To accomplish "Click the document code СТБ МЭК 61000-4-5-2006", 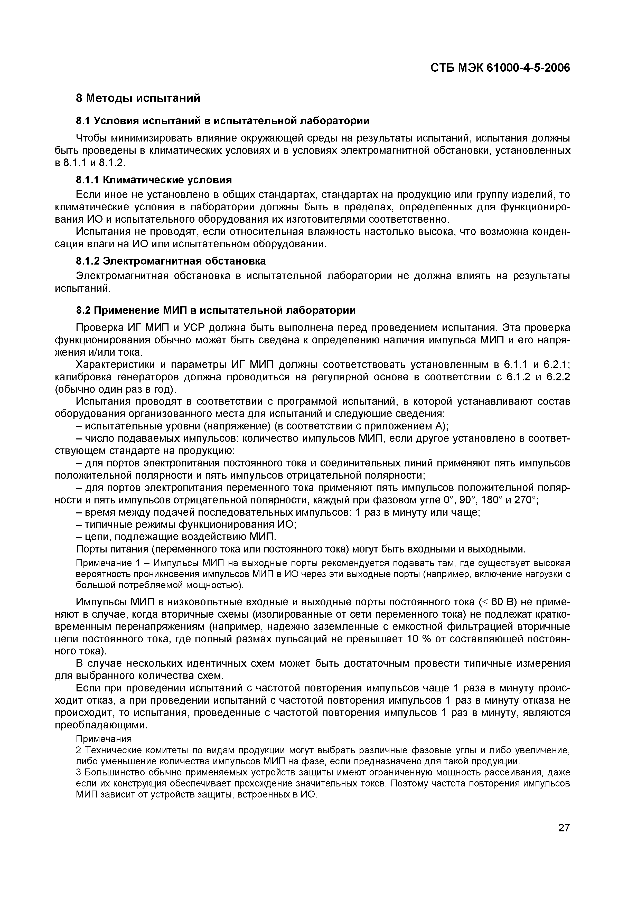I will [x=500, y=68].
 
